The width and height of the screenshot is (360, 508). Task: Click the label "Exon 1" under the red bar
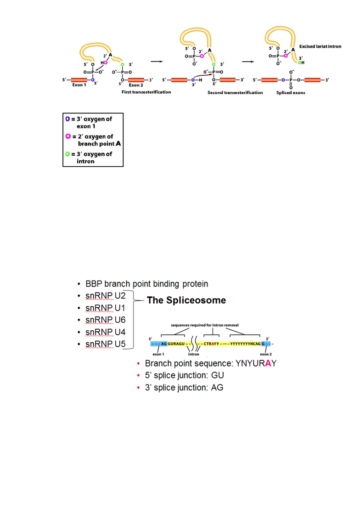(79, 85)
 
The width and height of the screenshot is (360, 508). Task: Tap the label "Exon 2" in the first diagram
(136, 85)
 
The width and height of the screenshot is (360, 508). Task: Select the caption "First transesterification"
(146, 92)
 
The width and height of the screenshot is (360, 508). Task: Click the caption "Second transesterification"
(235, 93)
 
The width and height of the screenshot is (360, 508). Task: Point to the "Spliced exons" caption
(291, 93)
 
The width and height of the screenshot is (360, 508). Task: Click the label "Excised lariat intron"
(320, 46)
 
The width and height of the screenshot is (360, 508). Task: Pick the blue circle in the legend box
(67, 119)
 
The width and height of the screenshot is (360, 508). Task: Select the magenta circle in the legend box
(68, 136)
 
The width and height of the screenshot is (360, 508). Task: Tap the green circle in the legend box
(67, 154)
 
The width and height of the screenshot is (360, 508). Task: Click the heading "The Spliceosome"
(186, 300)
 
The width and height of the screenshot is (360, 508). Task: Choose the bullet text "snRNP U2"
(105, 296)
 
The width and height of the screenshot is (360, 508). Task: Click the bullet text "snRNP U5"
(105, 344)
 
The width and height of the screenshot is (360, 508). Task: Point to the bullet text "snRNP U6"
(105, 320)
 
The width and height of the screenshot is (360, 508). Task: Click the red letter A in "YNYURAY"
(268, 363)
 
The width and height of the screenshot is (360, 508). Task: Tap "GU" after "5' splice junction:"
(218, 376)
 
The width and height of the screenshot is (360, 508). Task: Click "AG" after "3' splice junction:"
(217, 388)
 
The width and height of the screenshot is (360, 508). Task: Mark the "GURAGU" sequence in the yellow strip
(176, 344)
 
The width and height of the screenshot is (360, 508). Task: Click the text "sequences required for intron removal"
(205, 325)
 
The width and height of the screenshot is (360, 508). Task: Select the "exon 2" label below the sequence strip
(266, 354)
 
